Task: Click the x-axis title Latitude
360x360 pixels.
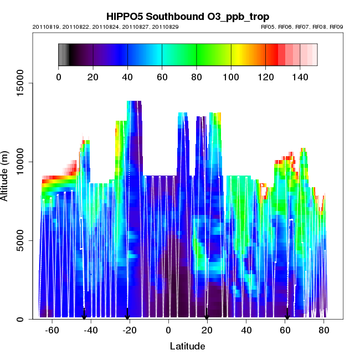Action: [x=187, y=346]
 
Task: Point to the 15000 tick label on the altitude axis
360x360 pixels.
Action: [x=19, y=83]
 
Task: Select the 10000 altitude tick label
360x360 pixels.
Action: [x=19, y=162]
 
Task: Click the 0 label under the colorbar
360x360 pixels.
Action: [x=59, y=78]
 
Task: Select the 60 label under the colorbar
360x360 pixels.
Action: [x=162, y=78]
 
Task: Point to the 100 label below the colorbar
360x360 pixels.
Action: [x=231, y=78]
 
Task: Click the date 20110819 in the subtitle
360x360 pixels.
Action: [x=45, y=27]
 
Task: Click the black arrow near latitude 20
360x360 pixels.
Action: [x=207, y=315]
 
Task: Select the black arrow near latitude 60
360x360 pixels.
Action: [x=287, y=315]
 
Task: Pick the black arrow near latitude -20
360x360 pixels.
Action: [x=127, y=315]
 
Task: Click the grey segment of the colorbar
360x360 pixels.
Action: [x=63, y=54]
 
